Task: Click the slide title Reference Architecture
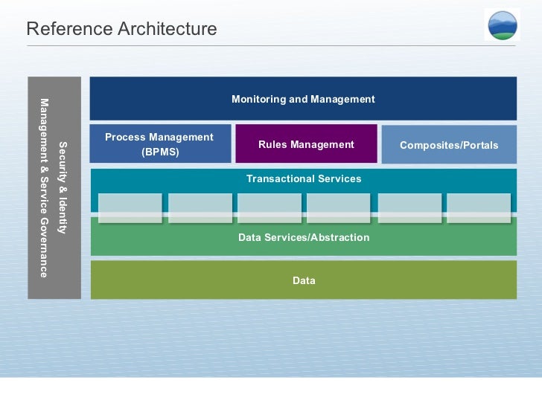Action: [121, 29]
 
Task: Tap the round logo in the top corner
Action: [503, 25]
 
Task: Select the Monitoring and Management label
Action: [303, 99]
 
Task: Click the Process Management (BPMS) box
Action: [160, 144]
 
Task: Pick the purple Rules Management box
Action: [306, 144]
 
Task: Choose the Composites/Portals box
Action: [449, 145]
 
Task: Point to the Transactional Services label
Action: [304, 178]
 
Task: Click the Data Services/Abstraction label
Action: [304, 237]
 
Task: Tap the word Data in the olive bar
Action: [304, 280]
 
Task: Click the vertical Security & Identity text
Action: [63, 187]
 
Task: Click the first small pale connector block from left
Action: [130, 208]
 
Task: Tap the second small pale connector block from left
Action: [200, 208]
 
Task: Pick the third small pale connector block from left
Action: [270, 208]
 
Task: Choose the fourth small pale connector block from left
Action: [339, 208]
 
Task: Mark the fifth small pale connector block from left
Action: [409, 208]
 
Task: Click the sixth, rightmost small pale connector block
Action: [479, 208]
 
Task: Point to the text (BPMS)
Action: [160, 152]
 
